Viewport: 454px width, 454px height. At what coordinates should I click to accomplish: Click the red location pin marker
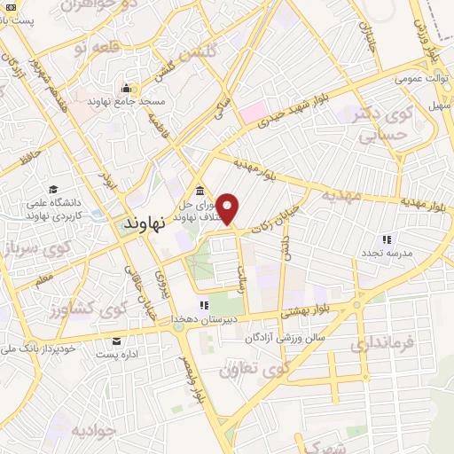pos(229,208)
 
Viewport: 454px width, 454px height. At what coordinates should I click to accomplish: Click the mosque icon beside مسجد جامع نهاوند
pos(127,89)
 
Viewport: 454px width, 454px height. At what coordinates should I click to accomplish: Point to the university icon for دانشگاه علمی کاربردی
pos(54,189)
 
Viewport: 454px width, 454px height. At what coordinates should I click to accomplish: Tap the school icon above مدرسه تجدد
pos(386,239)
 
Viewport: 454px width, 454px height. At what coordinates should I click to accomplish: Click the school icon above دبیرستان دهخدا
pos(204,305)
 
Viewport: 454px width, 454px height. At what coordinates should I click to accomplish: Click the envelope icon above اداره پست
pos(115,340)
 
